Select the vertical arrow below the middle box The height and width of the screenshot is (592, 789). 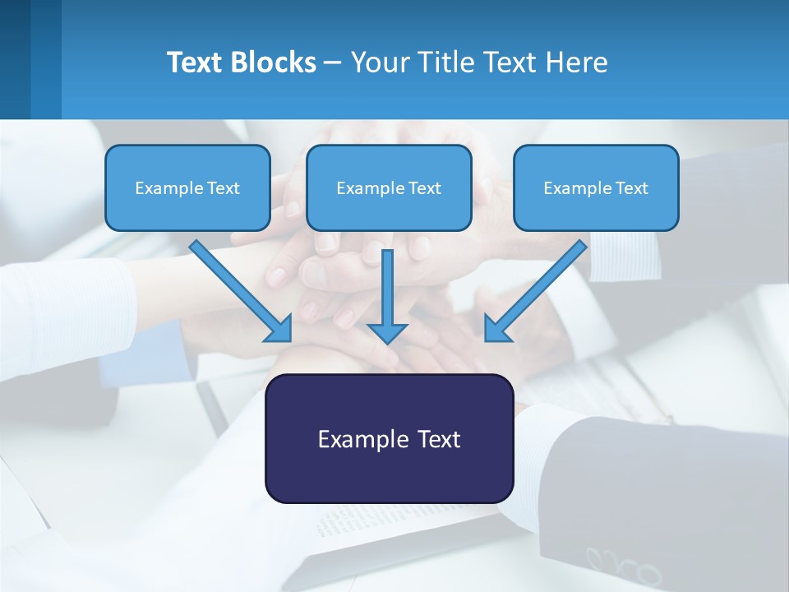(x=388, y=296)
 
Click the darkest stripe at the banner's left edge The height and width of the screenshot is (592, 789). (x=15, y=59)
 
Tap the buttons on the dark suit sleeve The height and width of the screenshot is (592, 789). (x=625, y=567)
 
